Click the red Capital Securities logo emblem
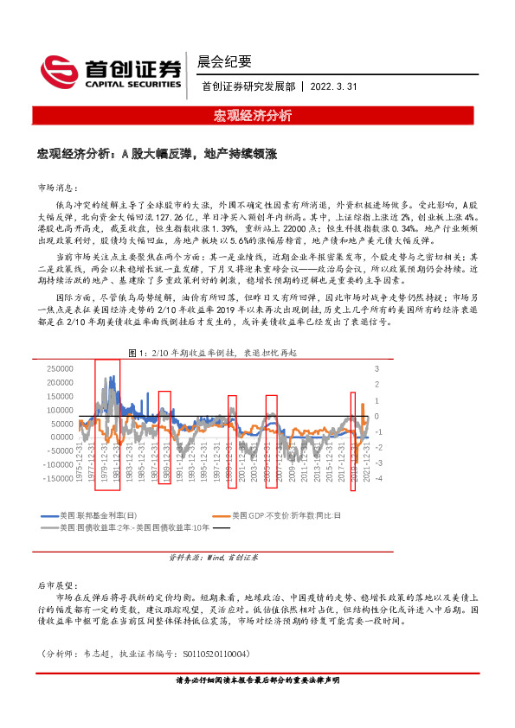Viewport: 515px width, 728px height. coord(58,69)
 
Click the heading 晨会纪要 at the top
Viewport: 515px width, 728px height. coord(224,61)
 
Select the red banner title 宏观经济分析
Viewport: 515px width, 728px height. coord(257,115)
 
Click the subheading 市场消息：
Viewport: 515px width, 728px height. coord(58,188)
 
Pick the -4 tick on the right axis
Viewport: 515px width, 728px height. coord(378,478)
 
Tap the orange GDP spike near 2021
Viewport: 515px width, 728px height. coord(363,407)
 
